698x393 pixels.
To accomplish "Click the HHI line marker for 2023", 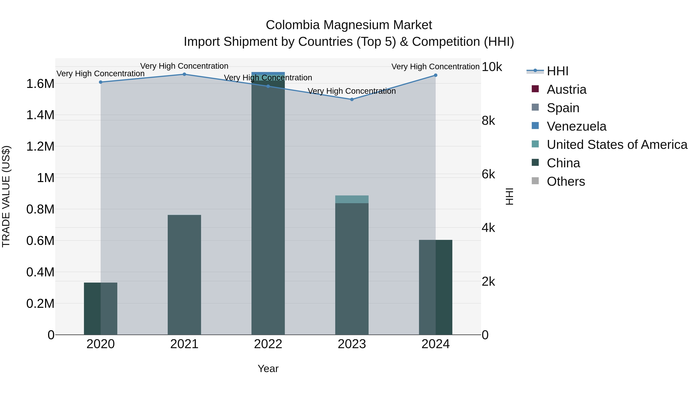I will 352,100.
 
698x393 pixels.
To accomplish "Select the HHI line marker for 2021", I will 184,74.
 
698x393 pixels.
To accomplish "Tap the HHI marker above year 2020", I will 100,82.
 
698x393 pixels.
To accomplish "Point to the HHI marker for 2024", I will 435,75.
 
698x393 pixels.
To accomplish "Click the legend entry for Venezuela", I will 576,126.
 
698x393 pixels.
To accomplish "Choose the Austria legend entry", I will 566,89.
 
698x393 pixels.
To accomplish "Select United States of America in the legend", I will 617,145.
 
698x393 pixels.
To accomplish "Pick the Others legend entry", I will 566,181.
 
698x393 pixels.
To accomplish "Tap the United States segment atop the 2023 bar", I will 352,199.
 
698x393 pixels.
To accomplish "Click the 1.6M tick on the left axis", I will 40,84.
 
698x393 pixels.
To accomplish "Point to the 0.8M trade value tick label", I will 40,209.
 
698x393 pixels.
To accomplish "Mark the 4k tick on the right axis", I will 488,228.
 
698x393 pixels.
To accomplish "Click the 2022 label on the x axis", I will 268,344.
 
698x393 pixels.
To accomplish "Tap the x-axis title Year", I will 268,369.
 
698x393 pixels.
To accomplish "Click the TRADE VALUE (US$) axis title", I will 6,196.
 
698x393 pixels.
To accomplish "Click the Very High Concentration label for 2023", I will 352,91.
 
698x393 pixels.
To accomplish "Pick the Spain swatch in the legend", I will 535,107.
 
